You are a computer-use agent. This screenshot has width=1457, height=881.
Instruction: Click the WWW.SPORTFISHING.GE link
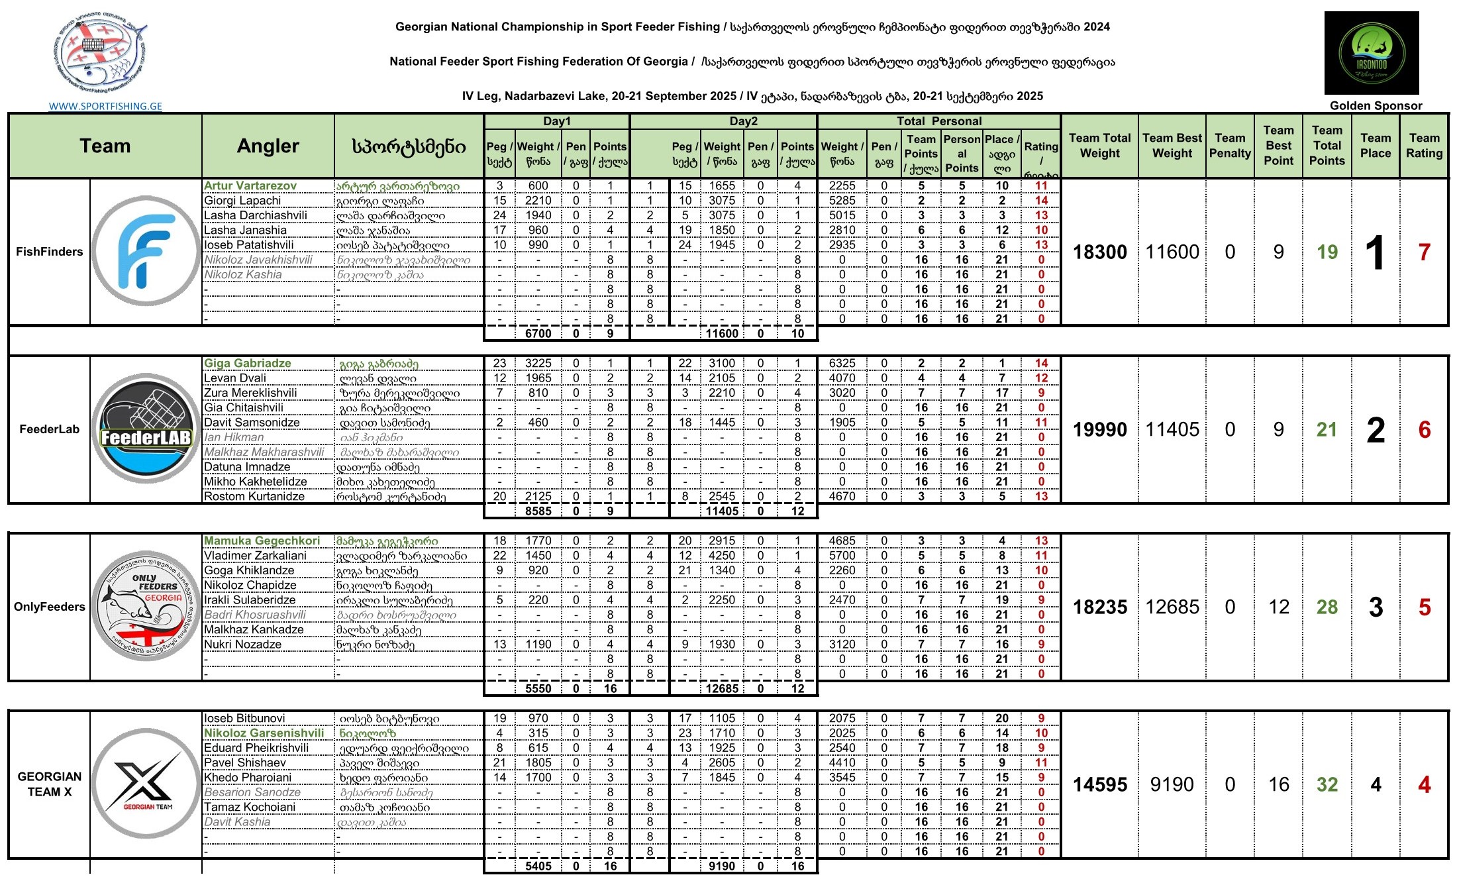(x=105, y=106)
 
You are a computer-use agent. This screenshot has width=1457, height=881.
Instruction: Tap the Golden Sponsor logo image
(x=1371, y=53)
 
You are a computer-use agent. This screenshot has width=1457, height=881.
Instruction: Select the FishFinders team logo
(x=146, y=251)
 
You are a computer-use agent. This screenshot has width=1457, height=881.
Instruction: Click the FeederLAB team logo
(x=146, y=429)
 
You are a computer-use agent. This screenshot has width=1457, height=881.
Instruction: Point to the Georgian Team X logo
(x=146, y=784)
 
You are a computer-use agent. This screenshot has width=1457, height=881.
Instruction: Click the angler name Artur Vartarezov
(x=250, y=186)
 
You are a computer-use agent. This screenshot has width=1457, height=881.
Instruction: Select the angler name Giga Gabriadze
(x=248, y=364)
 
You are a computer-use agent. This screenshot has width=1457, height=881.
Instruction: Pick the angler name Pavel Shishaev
(x=245, y=763)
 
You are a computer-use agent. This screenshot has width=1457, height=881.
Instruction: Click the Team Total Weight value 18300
(x=1099, y=252)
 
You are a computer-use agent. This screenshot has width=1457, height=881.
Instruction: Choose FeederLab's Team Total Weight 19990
(x=1099, y=430)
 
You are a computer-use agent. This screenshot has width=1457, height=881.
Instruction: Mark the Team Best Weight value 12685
(x=1172, y=607)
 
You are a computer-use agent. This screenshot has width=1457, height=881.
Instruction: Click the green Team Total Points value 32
(x=1327, y=785)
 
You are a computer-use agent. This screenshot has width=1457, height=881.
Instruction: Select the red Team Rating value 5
(x=1425, y=607)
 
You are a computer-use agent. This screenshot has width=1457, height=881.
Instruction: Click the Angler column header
(x=268, y=146)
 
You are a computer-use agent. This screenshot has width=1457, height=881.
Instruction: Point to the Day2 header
(x=743, y=121)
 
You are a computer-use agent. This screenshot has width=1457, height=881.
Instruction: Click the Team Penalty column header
(x=1230, y=146)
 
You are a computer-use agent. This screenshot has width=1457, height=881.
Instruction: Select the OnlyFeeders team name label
(x=50, y=607)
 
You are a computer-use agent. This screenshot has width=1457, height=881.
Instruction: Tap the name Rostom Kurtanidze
(x=254, y=497)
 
